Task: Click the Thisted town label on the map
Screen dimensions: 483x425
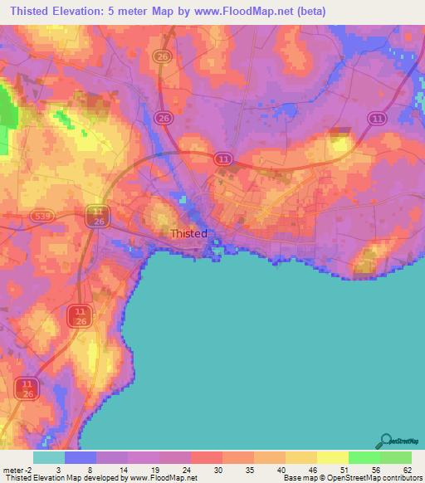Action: [188, 233]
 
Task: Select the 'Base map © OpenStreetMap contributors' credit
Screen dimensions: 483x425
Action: [352, 478]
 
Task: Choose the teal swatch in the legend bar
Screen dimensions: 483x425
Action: [48, 457]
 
